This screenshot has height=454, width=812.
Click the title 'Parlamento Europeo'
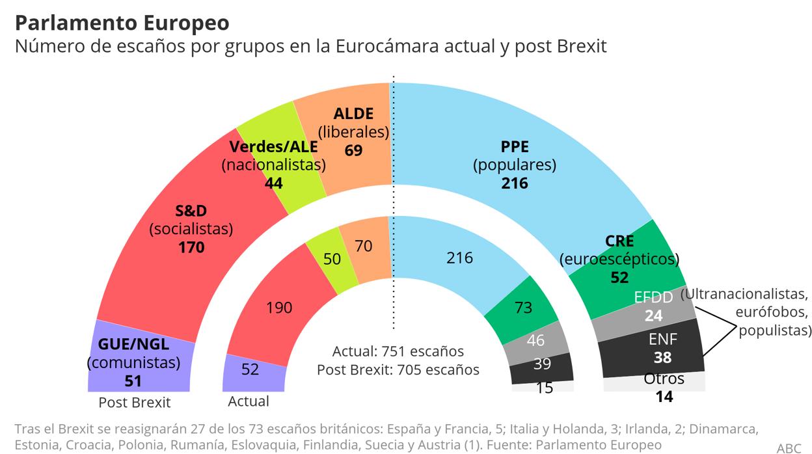tap(122, 23)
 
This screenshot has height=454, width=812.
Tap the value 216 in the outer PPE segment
tap(514, 183)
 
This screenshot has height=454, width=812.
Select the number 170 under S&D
tap(191, 247)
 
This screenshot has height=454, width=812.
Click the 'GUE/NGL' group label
tap(133, 345)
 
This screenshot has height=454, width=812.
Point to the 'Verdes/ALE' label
tap(273, 146)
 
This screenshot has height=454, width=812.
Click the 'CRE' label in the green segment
tap(619, 241)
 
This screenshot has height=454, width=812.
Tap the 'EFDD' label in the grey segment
tap(653, 297)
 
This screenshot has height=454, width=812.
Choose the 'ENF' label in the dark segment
tap(663, 339)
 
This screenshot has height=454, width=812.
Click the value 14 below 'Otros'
tap(664, 395)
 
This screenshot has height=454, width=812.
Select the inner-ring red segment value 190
tap(279, 307)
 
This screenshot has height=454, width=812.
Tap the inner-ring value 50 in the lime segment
tap(332, 259)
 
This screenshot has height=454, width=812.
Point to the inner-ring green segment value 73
tap(523, 308)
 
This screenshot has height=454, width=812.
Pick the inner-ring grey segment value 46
tap(536, 340)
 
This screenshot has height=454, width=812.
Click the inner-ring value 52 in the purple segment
tap(250, 369)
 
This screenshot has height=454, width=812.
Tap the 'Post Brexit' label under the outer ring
tap(134, 403)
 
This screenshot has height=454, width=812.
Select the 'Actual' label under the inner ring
tap(249, 401)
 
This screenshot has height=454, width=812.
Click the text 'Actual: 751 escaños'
tap(398, 351)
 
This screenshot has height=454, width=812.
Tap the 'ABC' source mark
tap(789, 448)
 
